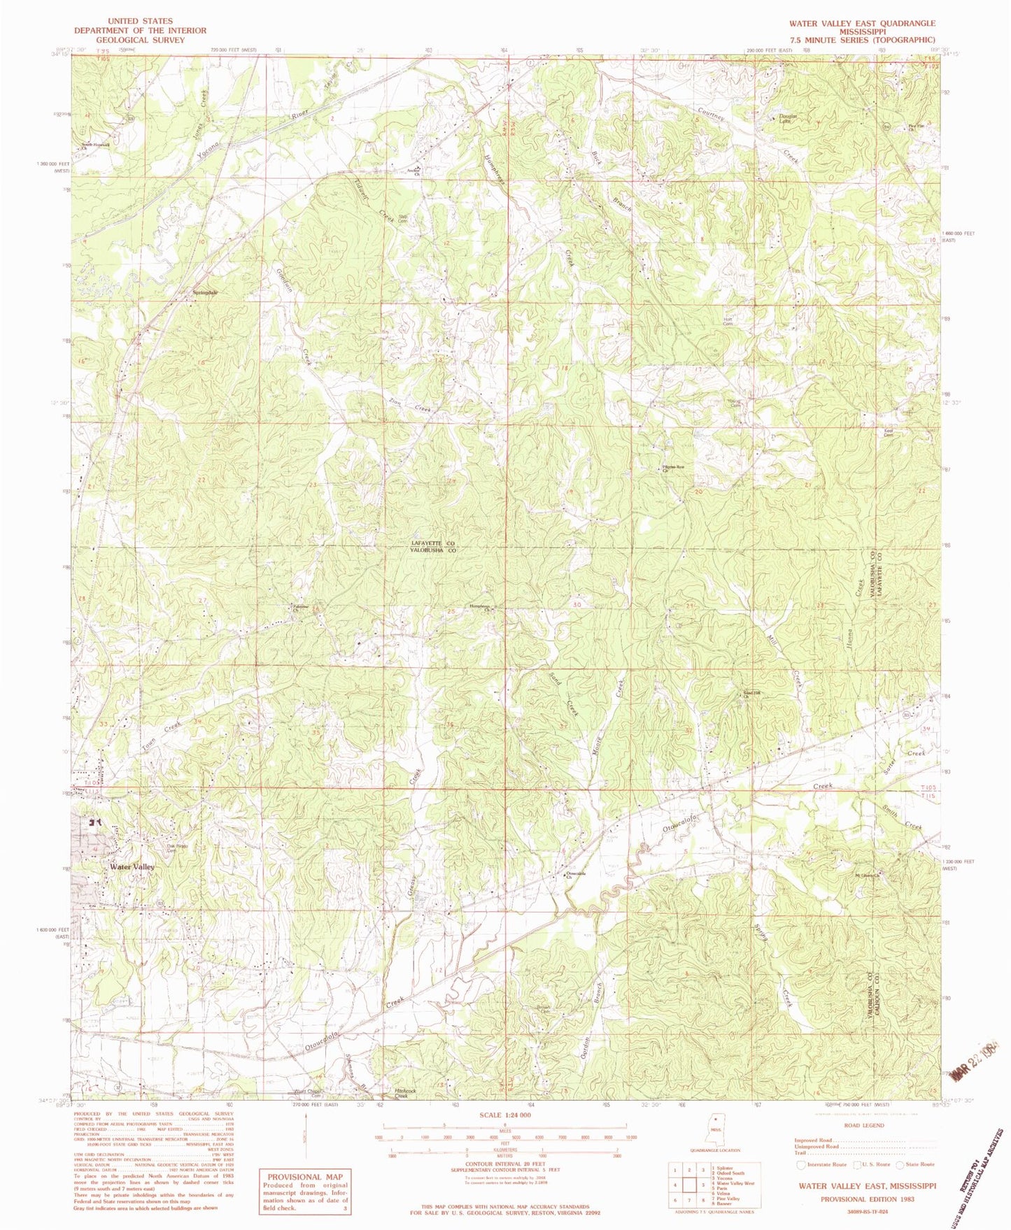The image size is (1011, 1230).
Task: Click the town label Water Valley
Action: tap(132, 866)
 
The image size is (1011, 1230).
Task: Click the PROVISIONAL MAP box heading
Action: tap(304, 1177)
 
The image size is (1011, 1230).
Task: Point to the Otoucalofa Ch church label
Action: tap(575, 875)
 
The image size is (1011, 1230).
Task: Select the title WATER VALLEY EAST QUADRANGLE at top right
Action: tap(862, 23)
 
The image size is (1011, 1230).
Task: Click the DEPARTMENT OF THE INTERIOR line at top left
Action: tap(141, 31)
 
